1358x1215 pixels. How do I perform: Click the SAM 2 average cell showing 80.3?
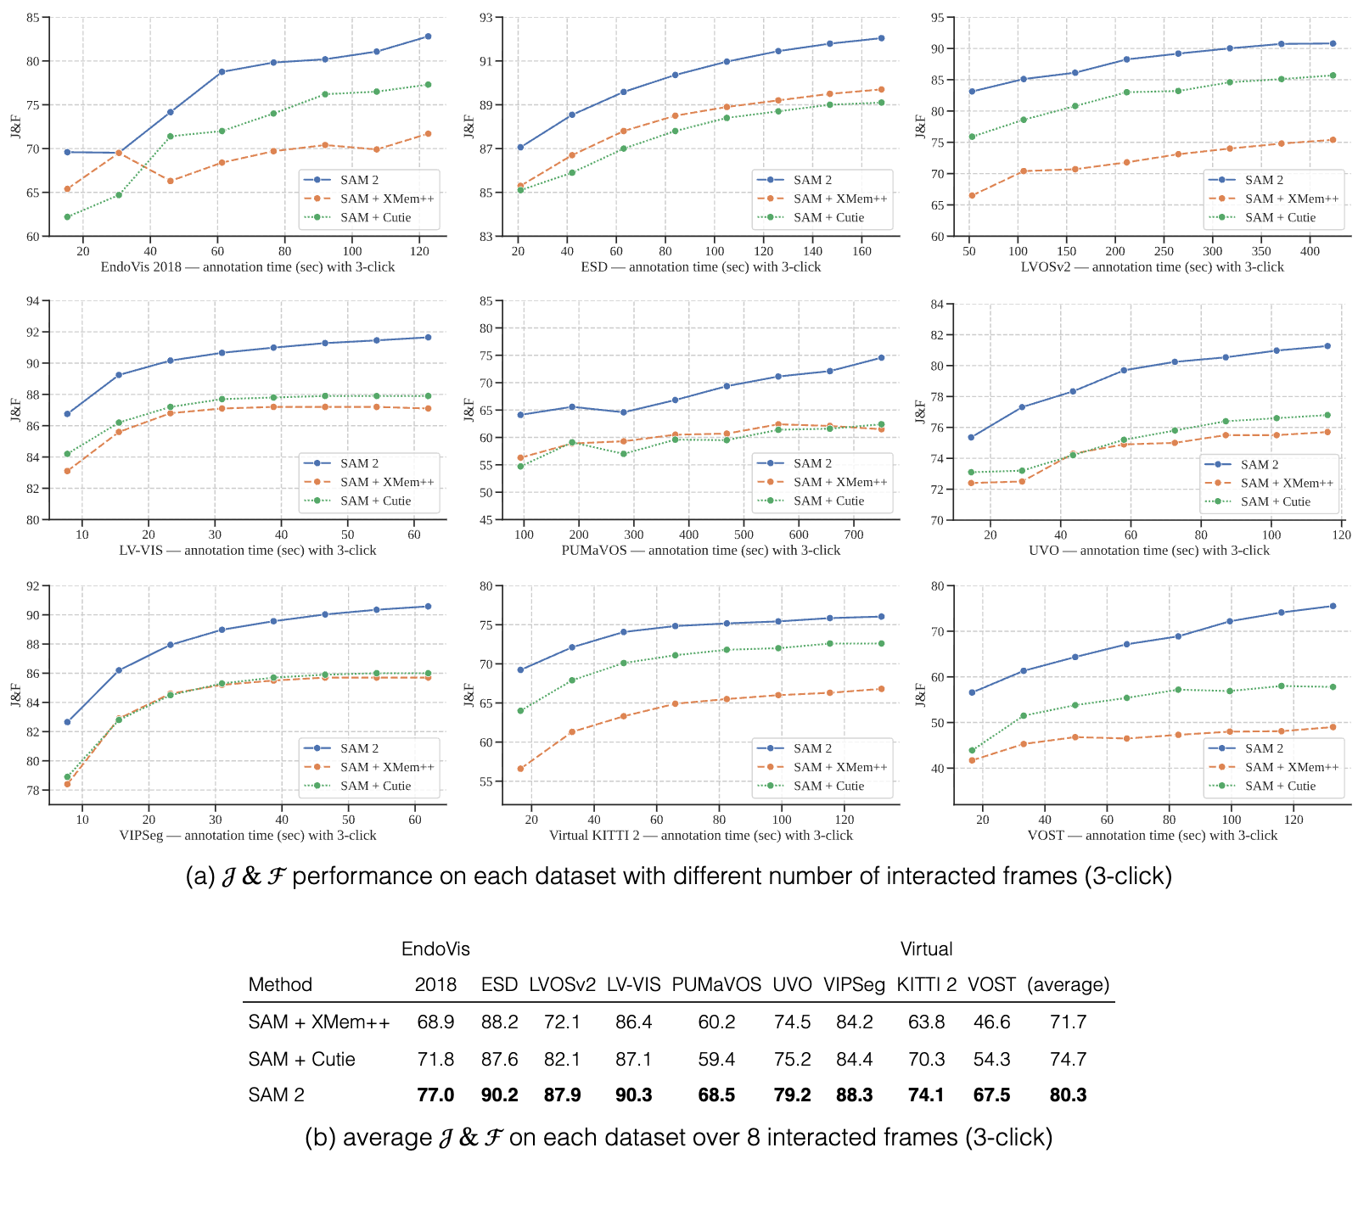pos(1068,1095)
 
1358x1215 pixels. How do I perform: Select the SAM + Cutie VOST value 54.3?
pos(992,1059)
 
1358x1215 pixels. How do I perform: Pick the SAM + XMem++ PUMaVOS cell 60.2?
pos(716,1022)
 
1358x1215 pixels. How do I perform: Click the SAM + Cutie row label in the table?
pos(301,1059)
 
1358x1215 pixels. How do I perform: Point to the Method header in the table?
pos(280,985)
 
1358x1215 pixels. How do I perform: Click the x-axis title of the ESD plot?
pos(701,267)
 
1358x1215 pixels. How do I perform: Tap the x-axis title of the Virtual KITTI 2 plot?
pos(701,836)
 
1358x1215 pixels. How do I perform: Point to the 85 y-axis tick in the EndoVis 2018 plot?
pos(34,18)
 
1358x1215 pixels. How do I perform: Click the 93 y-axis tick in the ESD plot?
pos(487,18)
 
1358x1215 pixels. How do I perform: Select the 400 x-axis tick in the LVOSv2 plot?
pos(1310,252)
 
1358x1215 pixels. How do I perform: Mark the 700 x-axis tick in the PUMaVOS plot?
pos(854,535)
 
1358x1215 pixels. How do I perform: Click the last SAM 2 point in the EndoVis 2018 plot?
pos(428,36)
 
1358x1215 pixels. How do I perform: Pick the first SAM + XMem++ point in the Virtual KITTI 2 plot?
pos(520,769)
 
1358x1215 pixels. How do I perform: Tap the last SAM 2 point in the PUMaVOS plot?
pos(881,358)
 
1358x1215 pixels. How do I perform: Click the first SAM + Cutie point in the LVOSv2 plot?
pos(972,137)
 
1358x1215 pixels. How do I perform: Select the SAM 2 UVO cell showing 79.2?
pos(793,1095)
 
